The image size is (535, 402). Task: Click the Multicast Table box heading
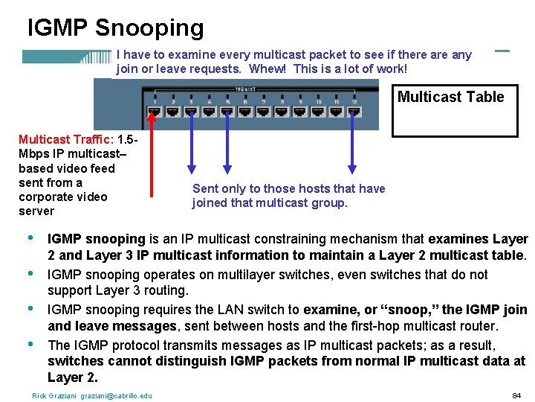pos(450,97)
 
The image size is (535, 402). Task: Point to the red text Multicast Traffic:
pos(65,139)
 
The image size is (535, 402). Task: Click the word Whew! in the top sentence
pos(270,68)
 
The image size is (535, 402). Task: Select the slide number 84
pos(516,395)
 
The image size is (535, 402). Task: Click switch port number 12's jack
pos(354,112)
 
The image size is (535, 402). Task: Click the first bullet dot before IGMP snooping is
pos(30,238)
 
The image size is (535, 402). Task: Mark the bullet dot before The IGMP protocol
pos(30,345)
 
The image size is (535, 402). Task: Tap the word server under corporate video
pos(36,211)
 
